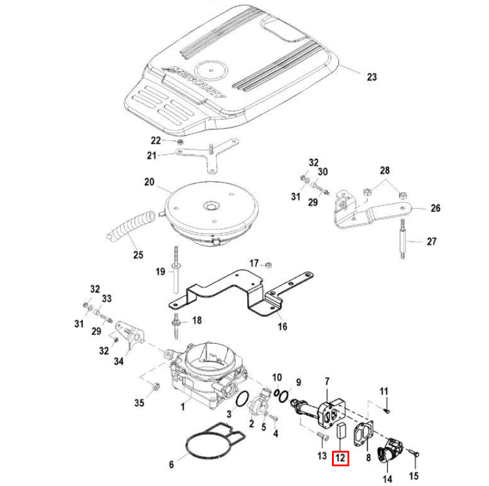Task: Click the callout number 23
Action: (x=372, y=77)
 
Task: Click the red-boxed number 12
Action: (x=340, y=458)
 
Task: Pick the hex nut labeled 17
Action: (x=269, y=263)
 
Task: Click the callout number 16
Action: (x=282, y=327)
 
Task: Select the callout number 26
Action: (x=435, y=208)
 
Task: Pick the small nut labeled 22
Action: (x=179, y=142)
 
